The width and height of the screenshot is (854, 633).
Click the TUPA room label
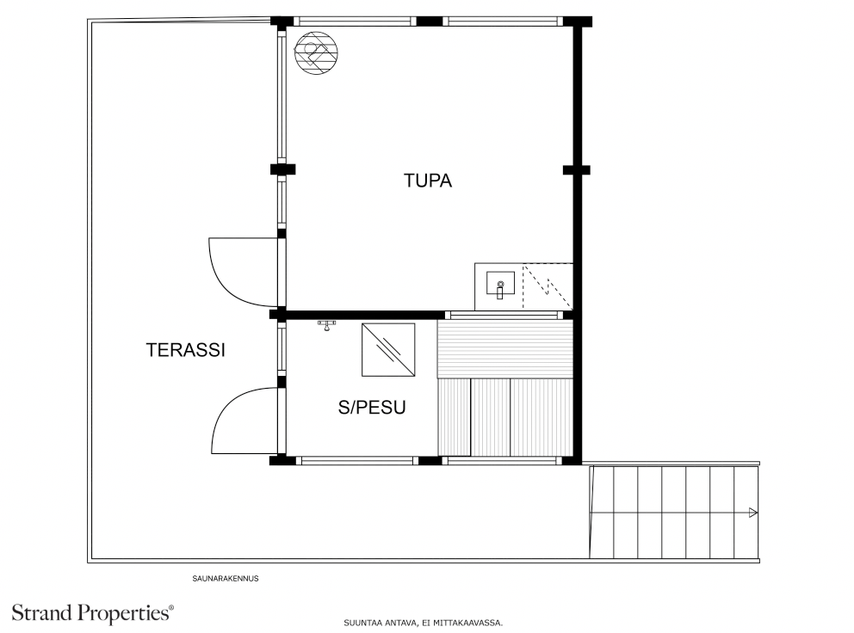point(428,181)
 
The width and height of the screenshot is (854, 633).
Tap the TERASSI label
point(185,350)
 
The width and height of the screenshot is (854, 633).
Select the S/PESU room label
point(372,408)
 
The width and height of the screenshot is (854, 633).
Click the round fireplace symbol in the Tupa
point(316,52)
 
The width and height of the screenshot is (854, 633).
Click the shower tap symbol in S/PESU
point(326,325)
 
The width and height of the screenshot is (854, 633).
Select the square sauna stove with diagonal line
point(388,349)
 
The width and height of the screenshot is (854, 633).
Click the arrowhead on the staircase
point(753,513)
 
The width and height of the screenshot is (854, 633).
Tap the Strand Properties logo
point(93,613)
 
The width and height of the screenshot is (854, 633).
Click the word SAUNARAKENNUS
point(225,579)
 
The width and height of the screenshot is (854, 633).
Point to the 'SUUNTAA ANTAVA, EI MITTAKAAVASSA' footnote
point(423,623)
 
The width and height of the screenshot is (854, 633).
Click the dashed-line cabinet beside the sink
point(548,286)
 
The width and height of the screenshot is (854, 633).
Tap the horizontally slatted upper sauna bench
point(504,348)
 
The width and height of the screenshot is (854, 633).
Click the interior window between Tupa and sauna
point(504,315)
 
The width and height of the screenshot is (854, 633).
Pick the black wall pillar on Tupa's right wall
point(576,170)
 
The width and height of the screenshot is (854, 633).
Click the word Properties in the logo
point(126,613)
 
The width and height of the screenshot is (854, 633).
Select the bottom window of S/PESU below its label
point(357,460)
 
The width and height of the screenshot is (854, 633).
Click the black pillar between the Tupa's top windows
point(430,22)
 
